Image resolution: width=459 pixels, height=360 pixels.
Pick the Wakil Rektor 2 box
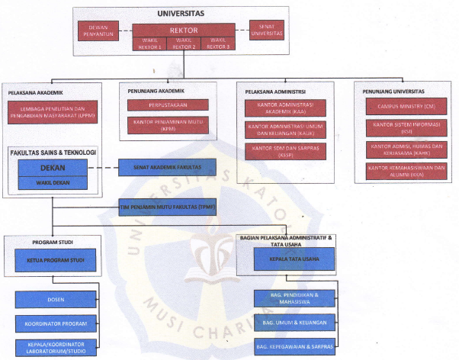(x=183, y=43)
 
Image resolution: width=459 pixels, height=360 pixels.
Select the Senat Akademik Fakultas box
(x=167, y=167)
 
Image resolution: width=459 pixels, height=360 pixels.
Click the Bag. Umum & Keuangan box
(x=295, y=323)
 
